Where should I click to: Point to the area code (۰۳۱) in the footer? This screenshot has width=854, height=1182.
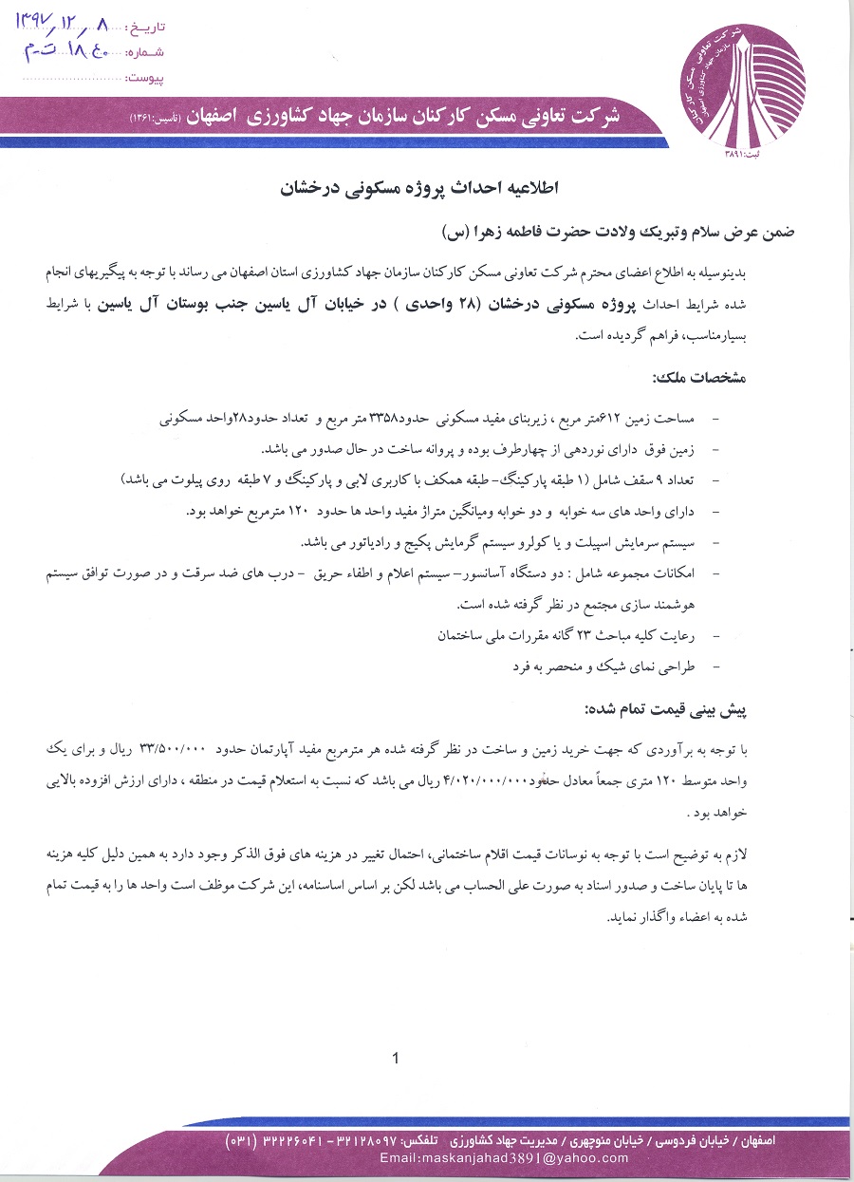246,1140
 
